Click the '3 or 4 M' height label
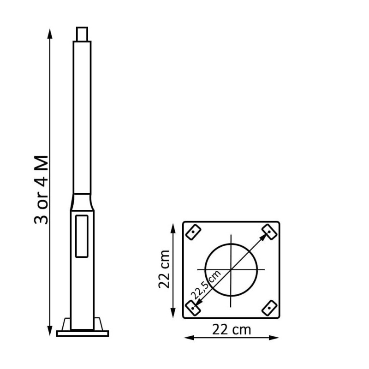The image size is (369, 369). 42,190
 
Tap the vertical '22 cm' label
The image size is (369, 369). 166,269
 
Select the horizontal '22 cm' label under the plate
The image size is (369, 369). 232,330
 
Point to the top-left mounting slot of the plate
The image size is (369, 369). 193,232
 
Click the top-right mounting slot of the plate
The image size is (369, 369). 268,232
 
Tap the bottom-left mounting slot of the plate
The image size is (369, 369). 193,307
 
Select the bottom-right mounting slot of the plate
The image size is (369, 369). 269,307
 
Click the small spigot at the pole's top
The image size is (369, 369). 82,34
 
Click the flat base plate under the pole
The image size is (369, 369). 82,333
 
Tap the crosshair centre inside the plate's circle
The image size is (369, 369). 231,269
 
